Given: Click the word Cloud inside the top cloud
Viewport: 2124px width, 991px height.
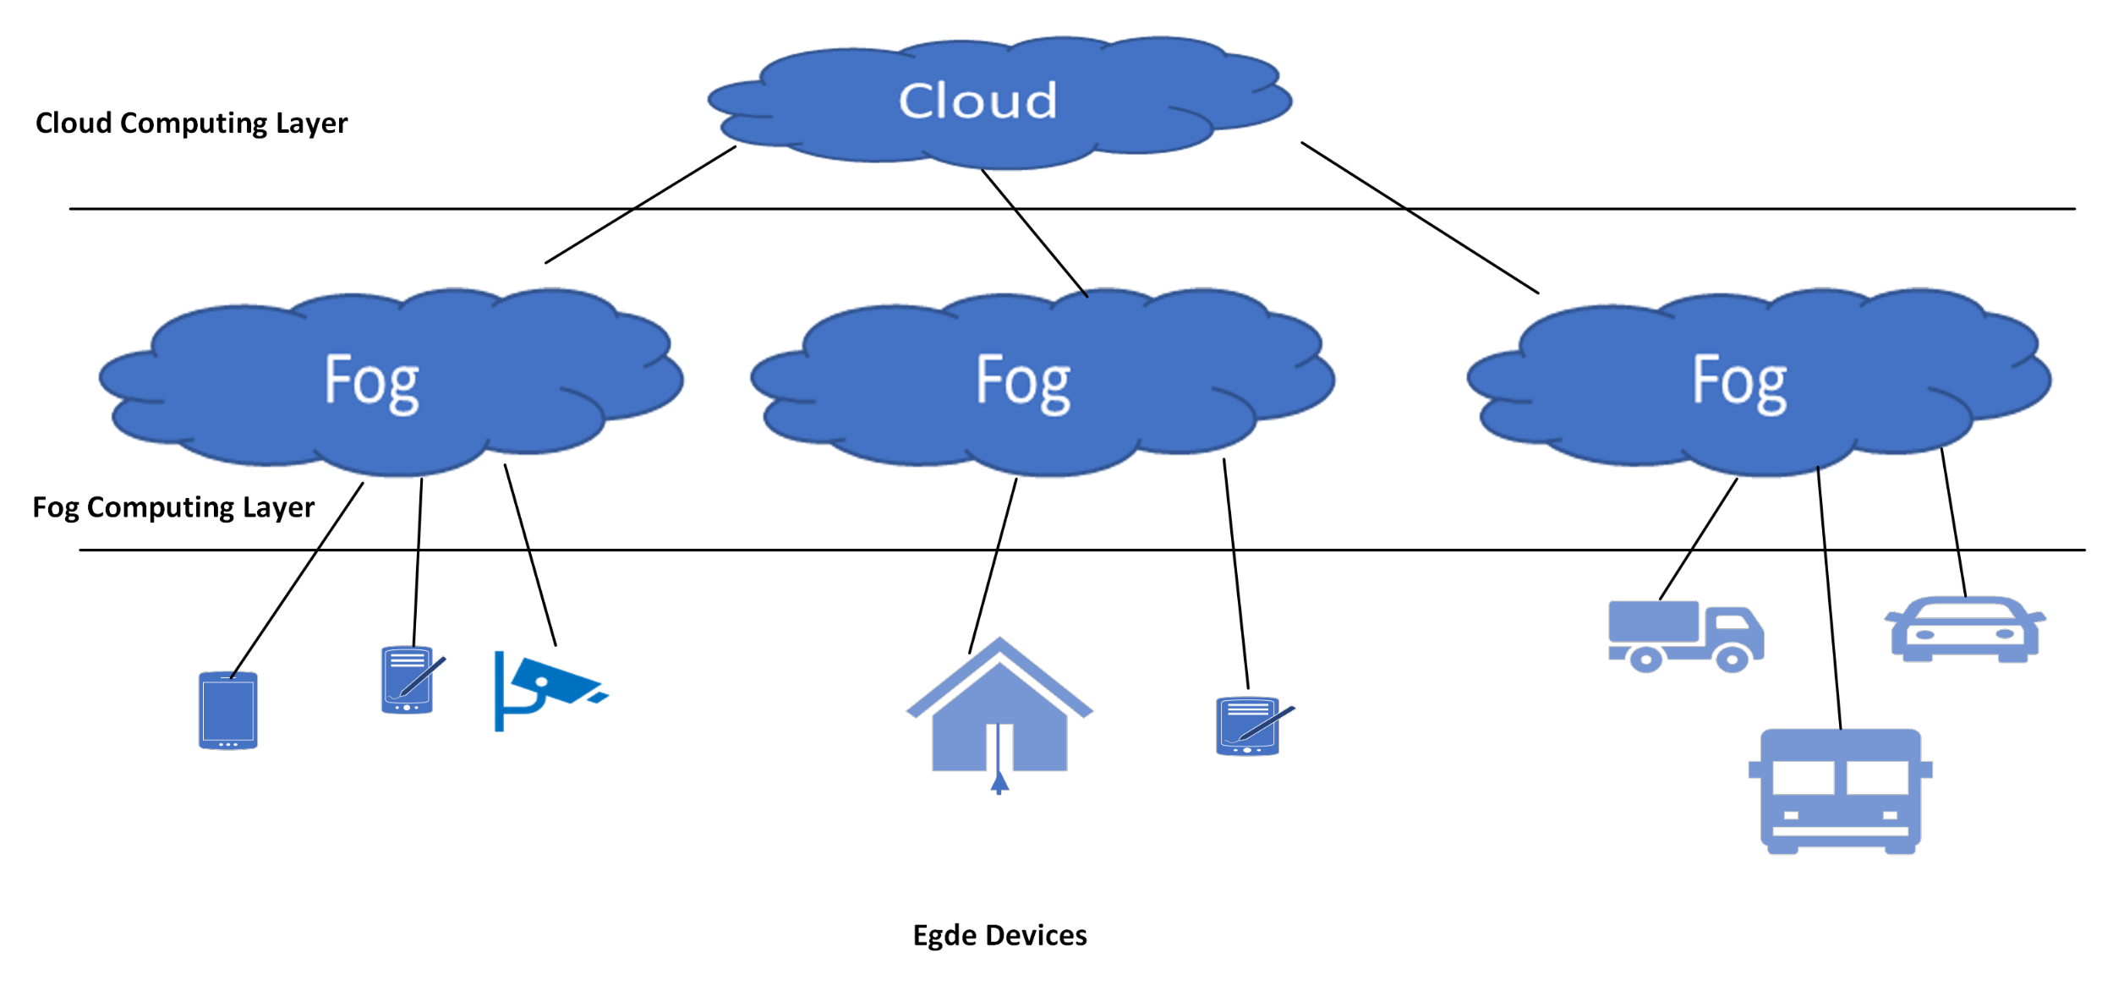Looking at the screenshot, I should coord(977,101).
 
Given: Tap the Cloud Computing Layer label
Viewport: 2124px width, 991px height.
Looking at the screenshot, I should coord(191,123).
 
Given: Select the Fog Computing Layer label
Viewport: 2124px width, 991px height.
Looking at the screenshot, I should coord(173,507).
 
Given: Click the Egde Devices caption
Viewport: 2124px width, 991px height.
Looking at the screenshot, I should coord(999,935).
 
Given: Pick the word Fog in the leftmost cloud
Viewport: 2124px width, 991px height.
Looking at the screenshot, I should coord(371,382).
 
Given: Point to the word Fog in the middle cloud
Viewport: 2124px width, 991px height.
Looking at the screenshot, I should coord(1023,382).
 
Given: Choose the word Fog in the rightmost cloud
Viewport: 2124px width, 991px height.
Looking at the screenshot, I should coord(1739,382).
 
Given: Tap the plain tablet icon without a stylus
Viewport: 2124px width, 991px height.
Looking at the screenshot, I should coord(227,710).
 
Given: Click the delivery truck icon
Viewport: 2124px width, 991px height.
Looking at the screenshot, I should coord(1684,636).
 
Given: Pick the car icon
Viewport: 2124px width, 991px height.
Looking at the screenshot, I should coord(1964,630).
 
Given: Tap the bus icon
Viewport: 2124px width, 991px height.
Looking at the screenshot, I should coord(1840,791).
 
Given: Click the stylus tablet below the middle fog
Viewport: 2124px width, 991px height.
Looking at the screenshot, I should coord(1248,725).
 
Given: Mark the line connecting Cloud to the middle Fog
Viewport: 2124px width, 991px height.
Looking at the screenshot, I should coord(1033,232).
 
